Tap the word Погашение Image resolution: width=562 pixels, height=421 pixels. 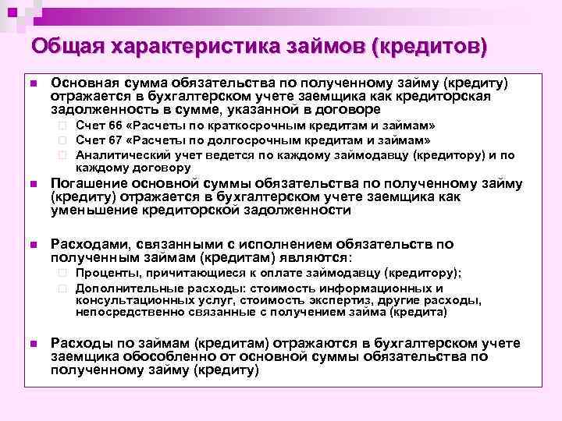coord(86,184)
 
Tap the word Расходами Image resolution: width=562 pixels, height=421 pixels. coord(87,243)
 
